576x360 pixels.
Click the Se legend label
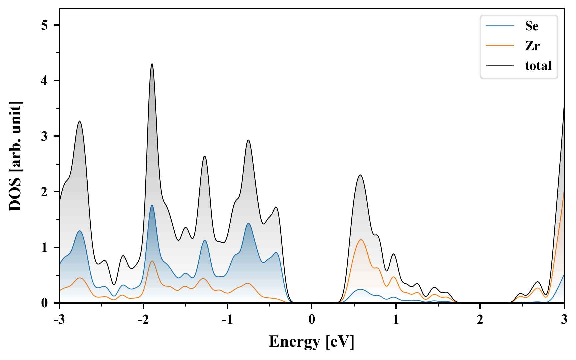[x=531, y=26]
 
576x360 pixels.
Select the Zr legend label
[x=532, y=46]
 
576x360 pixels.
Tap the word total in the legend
[x=538, y=65]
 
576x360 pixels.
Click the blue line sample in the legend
[x=500, y=26]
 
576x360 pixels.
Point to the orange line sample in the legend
[x=500, y=46]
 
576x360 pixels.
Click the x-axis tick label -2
[x=143, y=320]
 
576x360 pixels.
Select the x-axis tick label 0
[x=312, y=320]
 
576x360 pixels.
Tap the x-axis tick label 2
[x=480, y=320]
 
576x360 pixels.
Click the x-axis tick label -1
[x=227, y=320]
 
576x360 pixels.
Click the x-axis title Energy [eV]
[x=312, y=342]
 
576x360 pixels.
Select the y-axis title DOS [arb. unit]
[x=15, y=156]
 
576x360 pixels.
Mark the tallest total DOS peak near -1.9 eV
[x=152, y=64]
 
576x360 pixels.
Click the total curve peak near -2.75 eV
[x=80, y=121]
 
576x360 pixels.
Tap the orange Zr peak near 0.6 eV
[x=361, y=240]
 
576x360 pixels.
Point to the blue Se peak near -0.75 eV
[x=249, y=223]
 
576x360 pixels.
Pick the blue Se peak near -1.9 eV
[x=152, y=205]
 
